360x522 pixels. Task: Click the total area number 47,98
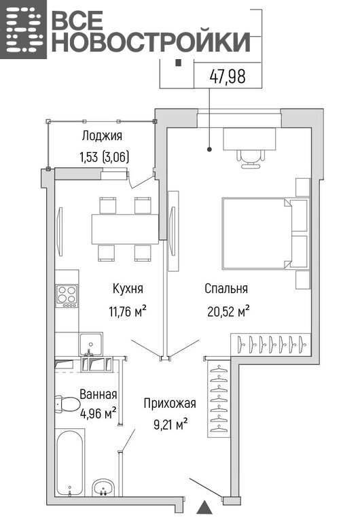(x=228, y=76)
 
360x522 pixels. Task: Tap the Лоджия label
(x=102, y=136)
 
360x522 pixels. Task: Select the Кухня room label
(x=128, y=288)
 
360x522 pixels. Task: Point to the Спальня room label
(x=226, y=288)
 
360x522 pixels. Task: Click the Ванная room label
(x=98, y=394)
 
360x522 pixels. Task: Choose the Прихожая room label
(x=170, y=404)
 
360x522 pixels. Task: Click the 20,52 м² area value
(x=229, y=311)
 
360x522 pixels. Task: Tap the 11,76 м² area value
(x=128, y=311)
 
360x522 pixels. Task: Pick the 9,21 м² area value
(x=170, y=424)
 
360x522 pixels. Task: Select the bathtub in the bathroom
(x=70, y=463)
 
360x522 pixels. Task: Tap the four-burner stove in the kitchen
(x=67, y=296)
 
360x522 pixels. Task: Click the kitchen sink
(x=91, y=344)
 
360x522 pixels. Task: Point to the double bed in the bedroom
(x=257, y=233)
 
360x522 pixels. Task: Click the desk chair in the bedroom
(x=252, y=158)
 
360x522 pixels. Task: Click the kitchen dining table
(x=125, y=229)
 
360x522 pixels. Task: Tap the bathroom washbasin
(x=103, y=488)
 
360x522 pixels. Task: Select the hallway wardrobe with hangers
(x=219, y=398)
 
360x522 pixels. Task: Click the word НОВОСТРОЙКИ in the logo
(x=150, y=42)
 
